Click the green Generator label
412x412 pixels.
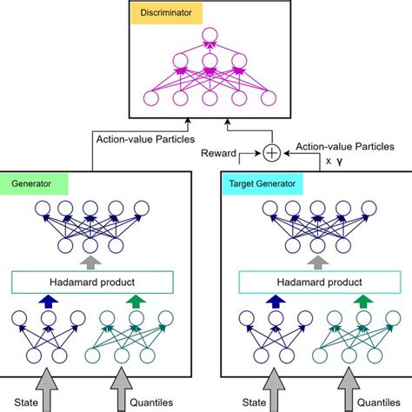coord(32,185)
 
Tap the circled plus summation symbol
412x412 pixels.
coord(272,153)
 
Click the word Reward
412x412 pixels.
coord(218,153)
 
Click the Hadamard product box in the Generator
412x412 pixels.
coord(94,282)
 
